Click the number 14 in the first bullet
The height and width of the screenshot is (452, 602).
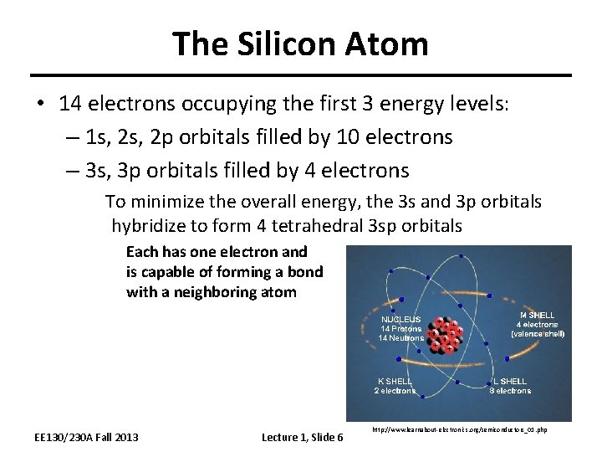tap(70, 103)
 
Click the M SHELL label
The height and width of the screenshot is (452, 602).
tap(537, 315)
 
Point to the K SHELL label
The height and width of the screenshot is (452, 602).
tap(394, 381)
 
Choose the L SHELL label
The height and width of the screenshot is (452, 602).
tap(509, 381)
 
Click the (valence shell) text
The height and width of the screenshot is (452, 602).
tap(538, 333)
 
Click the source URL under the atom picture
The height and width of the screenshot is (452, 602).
tap(457, 430)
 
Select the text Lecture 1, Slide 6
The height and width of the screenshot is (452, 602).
tap(302, 437)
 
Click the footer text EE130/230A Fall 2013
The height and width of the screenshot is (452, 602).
tap(86, 437)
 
